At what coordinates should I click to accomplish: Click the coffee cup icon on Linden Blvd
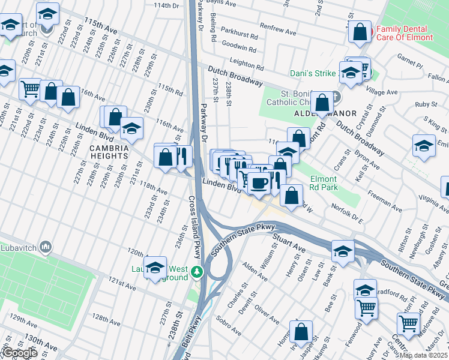point(259,182)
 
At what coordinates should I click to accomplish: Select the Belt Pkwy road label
point(187,345)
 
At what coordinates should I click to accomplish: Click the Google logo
point(20,352)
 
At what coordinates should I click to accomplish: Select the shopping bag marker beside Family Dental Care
point(360,33)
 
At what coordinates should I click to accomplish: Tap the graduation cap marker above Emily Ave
point(424,146)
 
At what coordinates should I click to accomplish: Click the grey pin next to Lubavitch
point(46,247)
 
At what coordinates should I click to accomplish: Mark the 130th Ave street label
point(41,343)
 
